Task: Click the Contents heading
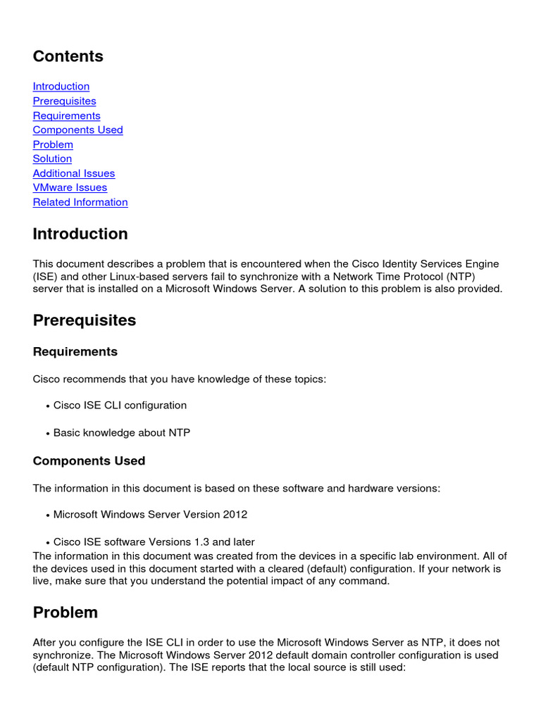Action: point(68,56)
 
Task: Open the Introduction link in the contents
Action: point(61,87)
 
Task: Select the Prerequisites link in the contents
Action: point(64,101)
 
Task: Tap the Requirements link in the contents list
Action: point(66,115)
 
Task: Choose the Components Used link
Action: point(77,130)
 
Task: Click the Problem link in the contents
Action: point(53,144)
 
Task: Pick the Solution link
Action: point(52,158)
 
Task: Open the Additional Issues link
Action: point(73,173)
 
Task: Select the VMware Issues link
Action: point(70,187)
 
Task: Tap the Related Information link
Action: point(80,202)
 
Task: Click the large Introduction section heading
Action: point(80,234)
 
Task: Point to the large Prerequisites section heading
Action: point(85,320)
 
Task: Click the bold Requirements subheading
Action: point(75,351)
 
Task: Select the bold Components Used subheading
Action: point(89,461)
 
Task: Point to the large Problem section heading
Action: point(66,613)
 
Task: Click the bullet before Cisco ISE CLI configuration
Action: point(48,406)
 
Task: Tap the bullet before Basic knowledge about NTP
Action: point(48,434)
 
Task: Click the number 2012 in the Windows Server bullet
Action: point(235,515)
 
